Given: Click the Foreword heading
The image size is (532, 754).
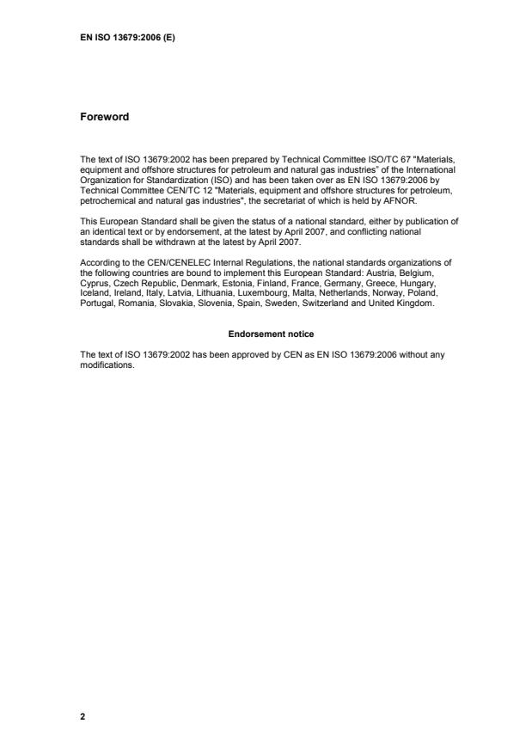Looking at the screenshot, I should coord(104,117).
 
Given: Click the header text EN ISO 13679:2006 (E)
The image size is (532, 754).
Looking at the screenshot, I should coord(128,37).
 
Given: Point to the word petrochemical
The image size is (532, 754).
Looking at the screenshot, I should coord(108,201).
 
